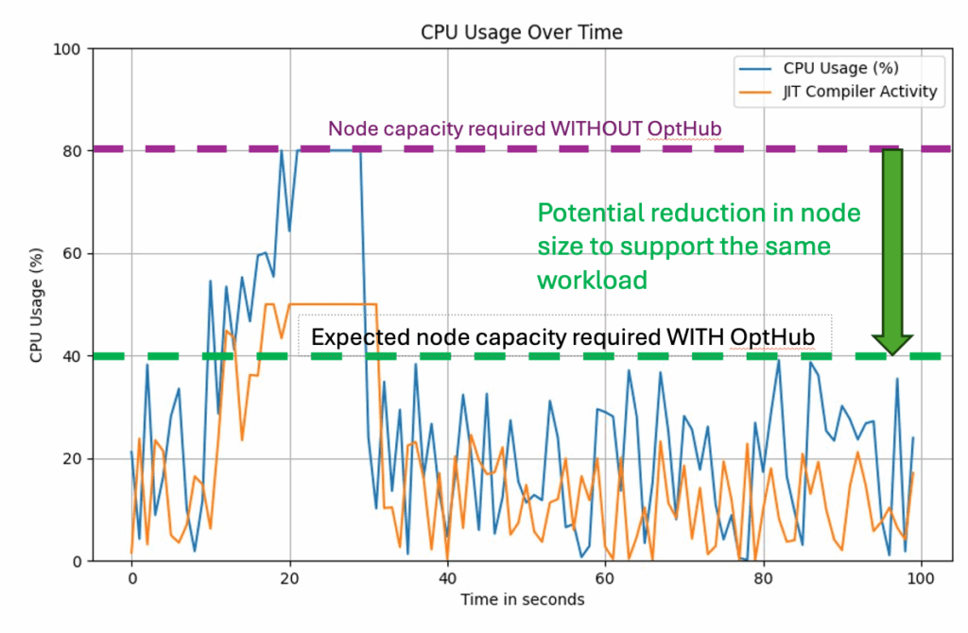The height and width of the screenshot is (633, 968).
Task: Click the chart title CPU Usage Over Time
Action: click(x=521, y=32)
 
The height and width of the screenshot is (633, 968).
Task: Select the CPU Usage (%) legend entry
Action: click(x=840, y=68)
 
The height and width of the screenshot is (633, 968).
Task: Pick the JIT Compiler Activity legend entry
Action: click(x=859, y=92)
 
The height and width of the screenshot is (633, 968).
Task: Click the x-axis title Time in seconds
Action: click(x=522, y=600)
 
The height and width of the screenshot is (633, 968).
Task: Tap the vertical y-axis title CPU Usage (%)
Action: click(x=35, y=304)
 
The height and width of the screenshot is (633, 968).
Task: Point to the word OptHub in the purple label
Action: click(x=683, y=128)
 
